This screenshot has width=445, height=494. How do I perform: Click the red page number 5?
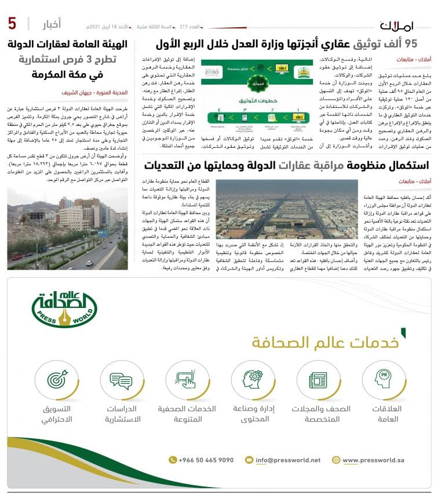[x=12, y=24]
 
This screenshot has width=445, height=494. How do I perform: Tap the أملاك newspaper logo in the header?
[x=397, y=26]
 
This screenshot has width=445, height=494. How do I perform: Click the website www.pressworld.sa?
[x=373, y=460]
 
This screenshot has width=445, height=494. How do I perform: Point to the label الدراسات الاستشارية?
[x=122, y=413]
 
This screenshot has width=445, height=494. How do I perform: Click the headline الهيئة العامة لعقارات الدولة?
[x=72, y=43]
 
